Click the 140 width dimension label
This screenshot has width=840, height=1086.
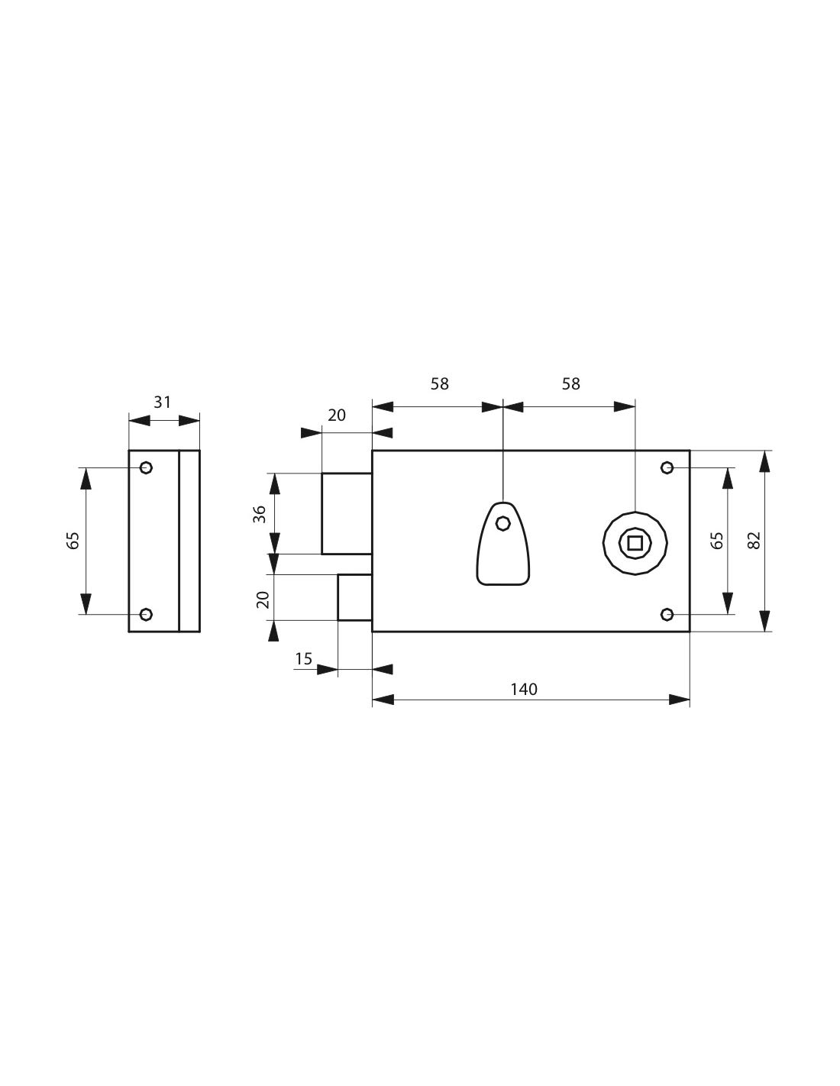click(524, 690)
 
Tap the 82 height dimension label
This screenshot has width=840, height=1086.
click(754, 540)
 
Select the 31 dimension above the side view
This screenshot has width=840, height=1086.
click(162, 402)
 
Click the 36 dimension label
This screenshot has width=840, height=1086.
click(260, 514)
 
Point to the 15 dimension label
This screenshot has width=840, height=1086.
click(303, 659)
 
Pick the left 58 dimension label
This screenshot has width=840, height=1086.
click(440, 384)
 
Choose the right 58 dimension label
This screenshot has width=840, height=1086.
click(570, 384)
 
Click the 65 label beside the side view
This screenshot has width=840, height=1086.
click(73, 540)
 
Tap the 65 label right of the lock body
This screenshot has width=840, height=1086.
click(717, 540)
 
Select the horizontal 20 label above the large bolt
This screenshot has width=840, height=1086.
click(336, 415)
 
